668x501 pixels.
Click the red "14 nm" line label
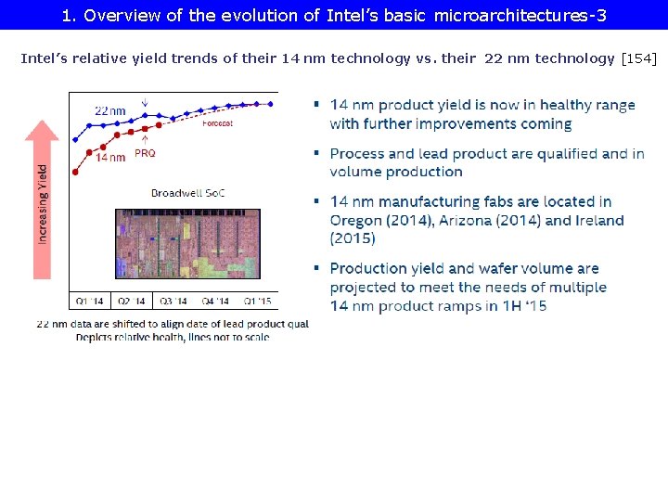coord(109,158)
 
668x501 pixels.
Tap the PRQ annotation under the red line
coord(146,154)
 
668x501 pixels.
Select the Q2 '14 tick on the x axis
coord(133,301)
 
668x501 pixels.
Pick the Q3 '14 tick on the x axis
coord(174,301)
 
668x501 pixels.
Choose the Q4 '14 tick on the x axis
coord(216,301)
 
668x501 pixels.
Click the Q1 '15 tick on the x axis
coord(258,301)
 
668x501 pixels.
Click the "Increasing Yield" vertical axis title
coord(44,204)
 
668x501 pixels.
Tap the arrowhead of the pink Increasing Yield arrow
coord(42,129)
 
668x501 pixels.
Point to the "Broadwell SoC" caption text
coord(188,193)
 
